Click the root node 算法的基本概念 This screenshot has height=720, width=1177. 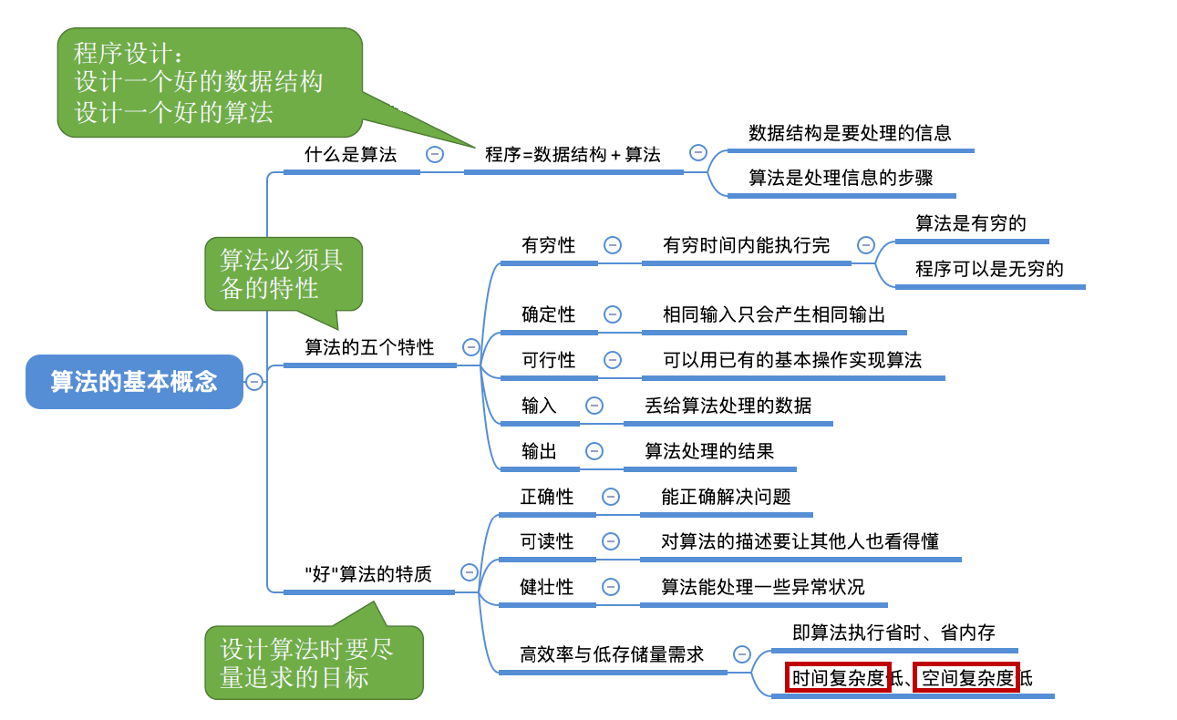pyautogui.click(x=134, y=381)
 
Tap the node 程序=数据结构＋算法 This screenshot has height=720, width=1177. pyautogui.click(x=573, y=155)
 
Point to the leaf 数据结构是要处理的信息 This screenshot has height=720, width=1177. pyautogui.click(x=850, y=133)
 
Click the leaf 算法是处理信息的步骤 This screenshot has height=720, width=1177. pyautogui.click(x=841, y=178)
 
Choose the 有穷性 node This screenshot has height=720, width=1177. pyautogui.click(x=549, y=245)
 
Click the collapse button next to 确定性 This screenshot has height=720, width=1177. pyautogui.click(x=613, y=314)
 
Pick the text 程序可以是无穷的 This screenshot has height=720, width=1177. pyautogui.click(x=989, y=269)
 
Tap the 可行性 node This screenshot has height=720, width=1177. pyautogui.click(x=549, y=360)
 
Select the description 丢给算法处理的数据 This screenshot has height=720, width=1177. pyautogui.click(x=728, y=406)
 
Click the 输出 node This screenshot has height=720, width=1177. pyautogui.click(x=539, y=451)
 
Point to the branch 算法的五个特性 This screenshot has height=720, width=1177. pyautogui.click(x=369, y=347)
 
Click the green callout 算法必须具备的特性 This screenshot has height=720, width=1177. pyautogui.click(x=283, y=273)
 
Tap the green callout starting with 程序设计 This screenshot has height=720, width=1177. pyautogui.click(x=209, y=82)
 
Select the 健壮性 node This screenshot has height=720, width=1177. pyautogui.click(x=547, y=587)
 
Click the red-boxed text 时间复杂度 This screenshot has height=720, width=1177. pyautogui.click(x=838, y=678)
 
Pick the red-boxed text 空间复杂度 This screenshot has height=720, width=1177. pyautogui.click(x=966, y=678)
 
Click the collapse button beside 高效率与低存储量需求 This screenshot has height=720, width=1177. pyautogui.click(x=742, y=653)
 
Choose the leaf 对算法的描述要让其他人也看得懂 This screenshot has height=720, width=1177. pyautogui.click(x=800, y=541)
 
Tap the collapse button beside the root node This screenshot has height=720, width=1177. pyautogui.click(x=254, y=382)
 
